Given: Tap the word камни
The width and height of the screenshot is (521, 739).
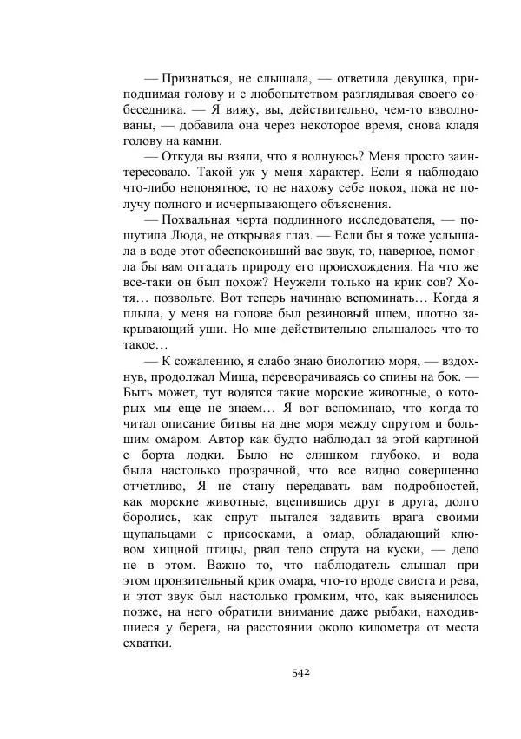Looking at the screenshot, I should coord(204,141).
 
